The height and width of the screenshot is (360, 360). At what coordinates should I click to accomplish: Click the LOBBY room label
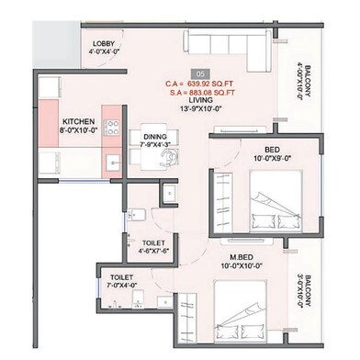104,44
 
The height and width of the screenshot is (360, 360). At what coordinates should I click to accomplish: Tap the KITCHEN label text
79,121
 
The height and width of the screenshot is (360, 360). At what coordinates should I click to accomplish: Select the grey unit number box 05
200,74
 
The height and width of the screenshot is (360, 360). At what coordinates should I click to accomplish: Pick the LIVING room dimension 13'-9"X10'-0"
201,108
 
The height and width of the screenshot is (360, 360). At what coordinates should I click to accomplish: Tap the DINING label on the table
155,137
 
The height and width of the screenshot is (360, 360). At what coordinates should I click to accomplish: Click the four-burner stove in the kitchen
111,128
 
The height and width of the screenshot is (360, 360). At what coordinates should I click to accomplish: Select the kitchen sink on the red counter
113,162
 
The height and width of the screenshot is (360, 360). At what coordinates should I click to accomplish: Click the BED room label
272,150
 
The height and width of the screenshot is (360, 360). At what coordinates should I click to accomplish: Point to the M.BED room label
242,257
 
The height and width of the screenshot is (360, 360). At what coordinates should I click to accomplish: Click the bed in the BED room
276,201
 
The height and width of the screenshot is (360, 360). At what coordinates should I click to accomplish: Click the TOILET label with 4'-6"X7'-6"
153,243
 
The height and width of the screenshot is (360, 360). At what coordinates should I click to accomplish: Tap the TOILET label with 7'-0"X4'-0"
122,277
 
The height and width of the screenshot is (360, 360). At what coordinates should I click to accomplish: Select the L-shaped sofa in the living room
227,51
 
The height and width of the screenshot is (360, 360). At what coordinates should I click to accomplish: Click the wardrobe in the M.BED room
186,319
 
